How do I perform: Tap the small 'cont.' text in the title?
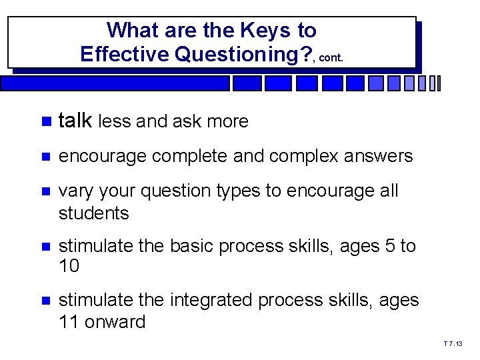click(x=331, y=57)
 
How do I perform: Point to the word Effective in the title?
click(x=125, y=54)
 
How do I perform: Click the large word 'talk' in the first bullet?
click(x=75, y=121)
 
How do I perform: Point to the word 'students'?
click(x=93, y=213)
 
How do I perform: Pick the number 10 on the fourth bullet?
click(x=69, y=267)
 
